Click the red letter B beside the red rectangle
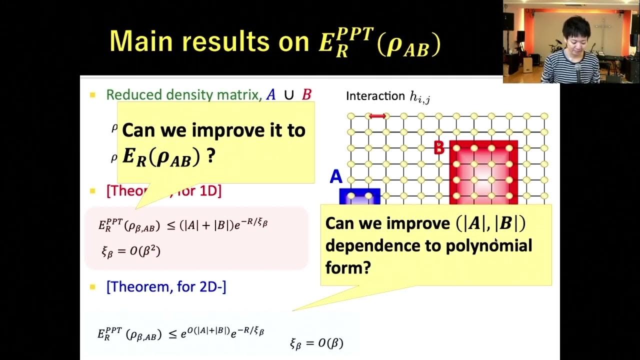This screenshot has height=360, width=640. pyautogui.click(x=439, y=148)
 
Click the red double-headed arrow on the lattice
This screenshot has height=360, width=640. pyautogui.click(x=377, y=116)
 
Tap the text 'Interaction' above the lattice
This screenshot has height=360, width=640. pyautogui.click(x=375, y=96)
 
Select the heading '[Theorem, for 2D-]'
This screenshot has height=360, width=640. pyautogui.click(x=166, y=287)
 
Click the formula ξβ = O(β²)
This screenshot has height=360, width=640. pyautogui.click(x=131, y=251)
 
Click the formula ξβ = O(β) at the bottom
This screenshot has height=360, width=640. pyautogui.click(x=316, y=343)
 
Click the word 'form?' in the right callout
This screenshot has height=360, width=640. pyautogui.click(x=348, y=268)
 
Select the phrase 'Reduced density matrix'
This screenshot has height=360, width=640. pyautogui.click(x=183, y=94)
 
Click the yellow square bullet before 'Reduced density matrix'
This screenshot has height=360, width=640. pyautogui.click(x=92, y=94)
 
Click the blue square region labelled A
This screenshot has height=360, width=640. pyautogui.click(x=360, y=196)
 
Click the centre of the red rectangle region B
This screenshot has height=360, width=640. pyautogui.click(x=483, y=172)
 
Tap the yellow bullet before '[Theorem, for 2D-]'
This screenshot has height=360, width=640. pyautogui.click(x=92, y=287)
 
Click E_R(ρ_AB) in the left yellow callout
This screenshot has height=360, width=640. pyautogui.click(x=161, y=157)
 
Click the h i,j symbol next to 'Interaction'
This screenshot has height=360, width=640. pyautogui.click(x=419, y=97)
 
